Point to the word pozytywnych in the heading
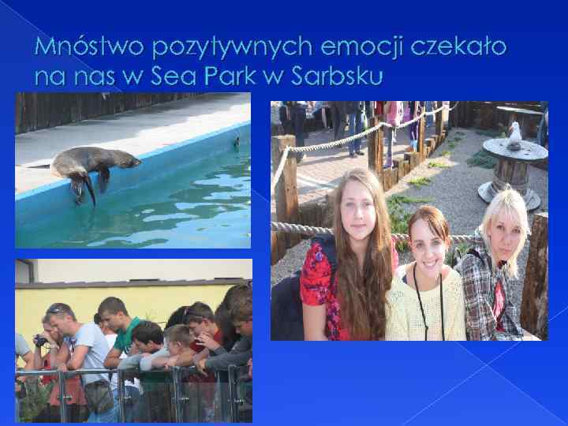[224, 50]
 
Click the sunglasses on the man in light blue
[55, 309]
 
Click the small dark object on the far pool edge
[235, 143]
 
